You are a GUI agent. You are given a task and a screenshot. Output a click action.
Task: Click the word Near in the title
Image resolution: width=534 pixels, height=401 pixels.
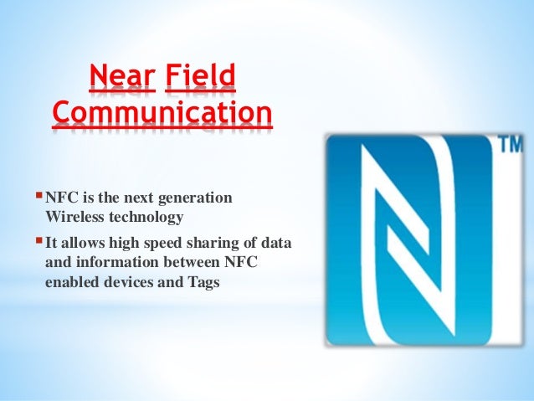(x=122, y=80)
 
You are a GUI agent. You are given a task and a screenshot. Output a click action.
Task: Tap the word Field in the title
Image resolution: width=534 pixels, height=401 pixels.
(x=201, y=80)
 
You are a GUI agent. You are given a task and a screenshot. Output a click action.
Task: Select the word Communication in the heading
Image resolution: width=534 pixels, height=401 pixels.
(x=162, y=114)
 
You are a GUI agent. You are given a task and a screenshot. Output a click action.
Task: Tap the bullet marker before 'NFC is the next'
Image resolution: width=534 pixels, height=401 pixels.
(x=38, y=197)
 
